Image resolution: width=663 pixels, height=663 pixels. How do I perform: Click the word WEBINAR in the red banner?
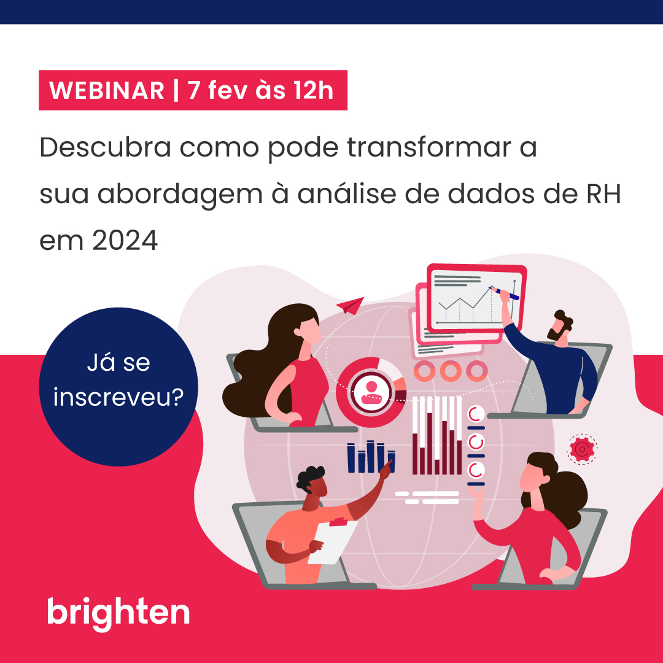(107, 91)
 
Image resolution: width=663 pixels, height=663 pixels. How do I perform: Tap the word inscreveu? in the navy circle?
(118, 397)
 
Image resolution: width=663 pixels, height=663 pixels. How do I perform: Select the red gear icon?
(580, 450)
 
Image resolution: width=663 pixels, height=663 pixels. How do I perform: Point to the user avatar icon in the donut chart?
(371, 391)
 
